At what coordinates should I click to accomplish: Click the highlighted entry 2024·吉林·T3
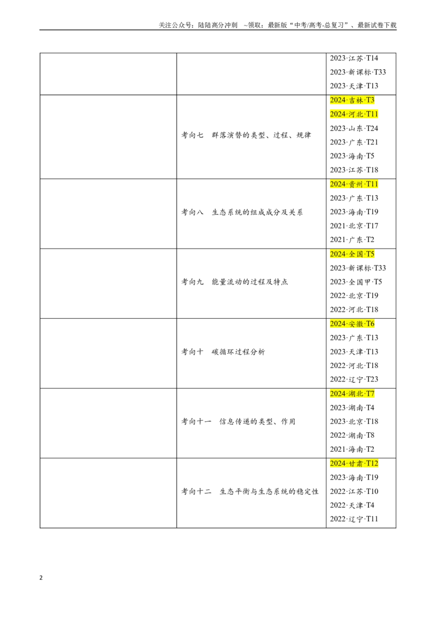[352, 100]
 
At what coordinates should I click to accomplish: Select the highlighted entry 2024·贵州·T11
[354, 184]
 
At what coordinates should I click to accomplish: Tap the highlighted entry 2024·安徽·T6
[352, 324]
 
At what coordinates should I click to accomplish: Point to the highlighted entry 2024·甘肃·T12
[354, 463]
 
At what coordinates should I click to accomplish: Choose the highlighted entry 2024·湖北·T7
[352, 394]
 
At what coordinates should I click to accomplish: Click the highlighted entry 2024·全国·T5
[352, 254]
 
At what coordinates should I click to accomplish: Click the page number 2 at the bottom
[41, 578]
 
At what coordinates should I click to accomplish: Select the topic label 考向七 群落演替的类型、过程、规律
[246, 135]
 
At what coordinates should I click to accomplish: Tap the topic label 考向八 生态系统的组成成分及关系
[242, 213]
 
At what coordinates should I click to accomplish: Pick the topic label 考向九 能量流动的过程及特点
[234, 282]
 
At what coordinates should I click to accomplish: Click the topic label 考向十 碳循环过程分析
[223, 352]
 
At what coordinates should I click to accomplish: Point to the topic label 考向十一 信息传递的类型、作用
[238, 422]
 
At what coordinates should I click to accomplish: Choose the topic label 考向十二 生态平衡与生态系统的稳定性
[250, 492]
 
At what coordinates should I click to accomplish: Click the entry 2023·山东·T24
[354, 128]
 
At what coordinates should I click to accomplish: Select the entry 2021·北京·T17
[354, 226]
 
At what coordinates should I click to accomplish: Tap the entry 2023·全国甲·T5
[356, 282]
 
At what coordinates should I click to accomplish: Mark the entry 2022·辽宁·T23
[354, 380]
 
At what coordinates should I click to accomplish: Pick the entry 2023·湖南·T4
[352, 408]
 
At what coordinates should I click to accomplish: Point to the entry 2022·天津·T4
[352, 505]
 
